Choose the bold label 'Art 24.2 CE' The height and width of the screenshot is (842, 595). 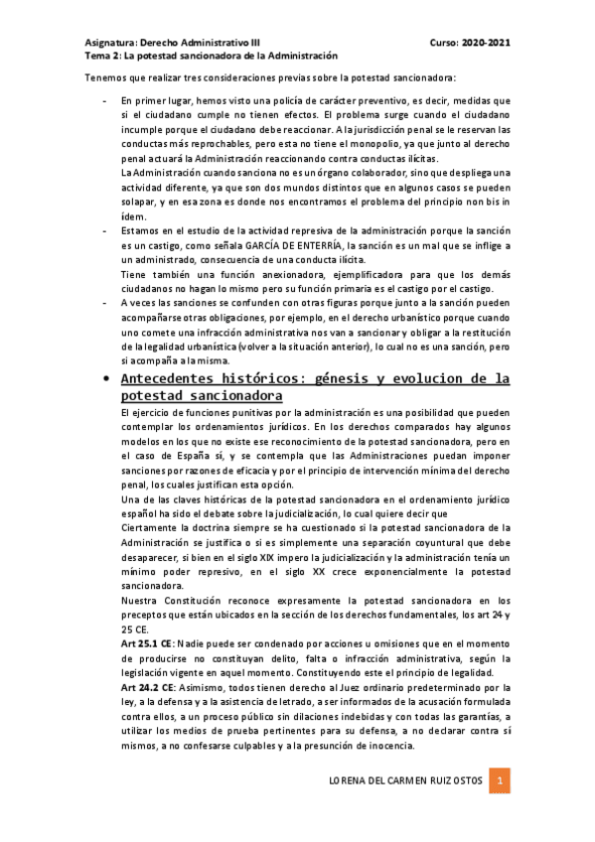[x=146, y=687]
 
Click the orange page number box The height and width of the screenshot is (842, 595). [x=503, y=781]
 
